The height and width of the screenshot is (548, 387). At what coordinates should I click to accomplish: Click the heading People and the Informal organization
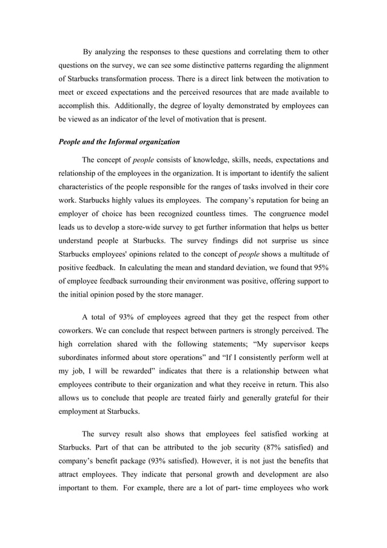(119, 143)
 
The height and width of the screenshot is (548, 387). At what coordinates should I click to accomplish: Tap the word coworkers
(77, 331)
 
